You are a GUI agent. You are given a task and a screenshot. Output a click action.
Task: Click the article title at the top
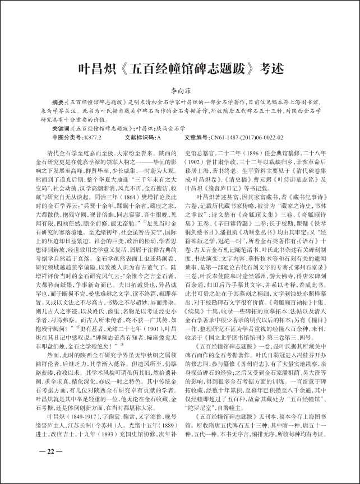click(180, 69)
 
